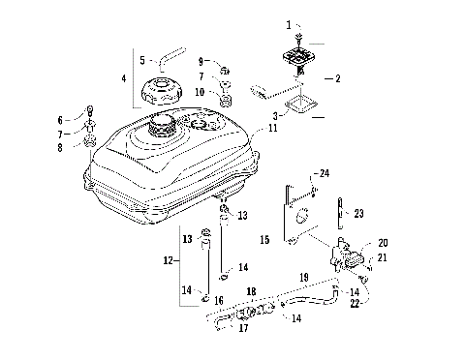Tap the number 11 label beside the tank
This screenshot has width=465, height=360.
[274, 128]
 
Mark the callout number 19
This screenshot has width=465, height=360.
[304, 277]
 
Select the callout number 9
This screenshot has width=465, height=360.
[201, 61]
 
